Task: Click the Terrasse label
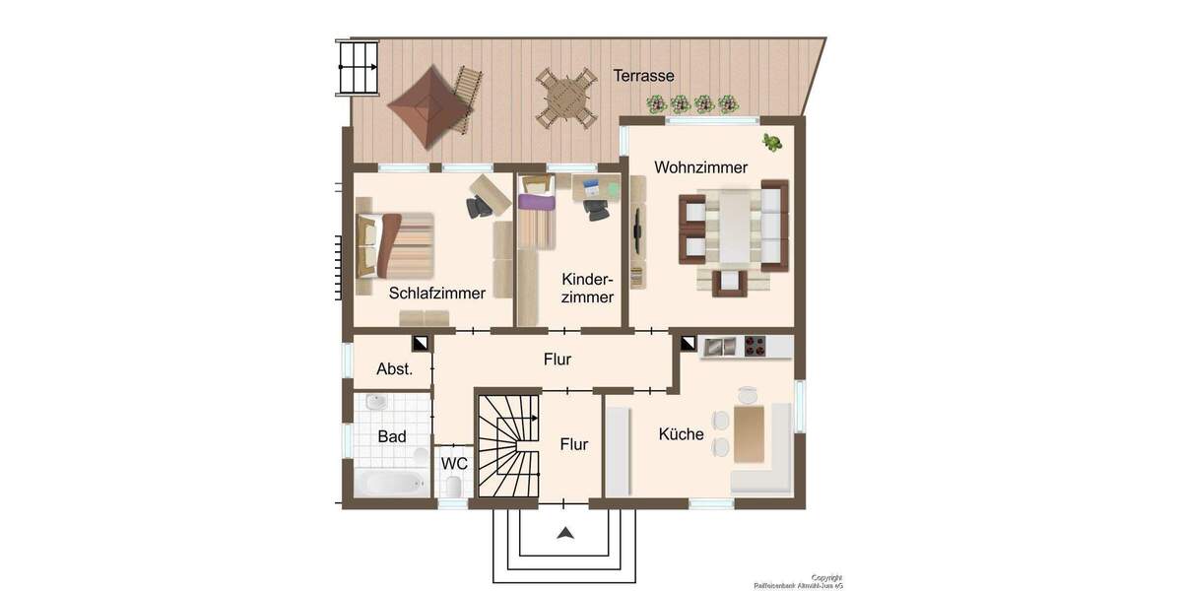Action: coord(643,76)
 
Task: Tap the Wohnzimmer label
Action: coord(700,167)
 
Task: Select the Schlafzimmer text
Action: coord(436,294)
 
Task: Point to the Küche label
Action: coord(682,433)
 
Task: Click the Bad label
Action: coord(391,436)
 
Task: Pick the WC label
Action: coord(454,463)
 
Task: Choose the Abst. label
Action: coord(394,369)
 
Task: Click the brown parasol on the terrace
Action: coord(427,106)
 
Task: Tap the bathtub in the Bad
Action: coord(392,484)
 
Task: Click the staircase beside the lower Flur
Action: coord(509,444)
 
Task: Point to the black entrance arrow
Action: coord(565,534)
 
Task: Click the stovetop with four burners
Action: coord(755,346)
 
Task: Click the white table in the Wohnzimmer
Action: coord(735,229)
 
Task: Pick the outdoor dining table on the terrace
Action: coord(566,97)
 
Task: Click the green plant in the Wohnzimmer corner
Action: coord(772,143)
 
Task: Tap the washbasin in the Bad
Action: coord(375,403)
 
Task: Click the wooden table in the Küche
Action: coord(749,434)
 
